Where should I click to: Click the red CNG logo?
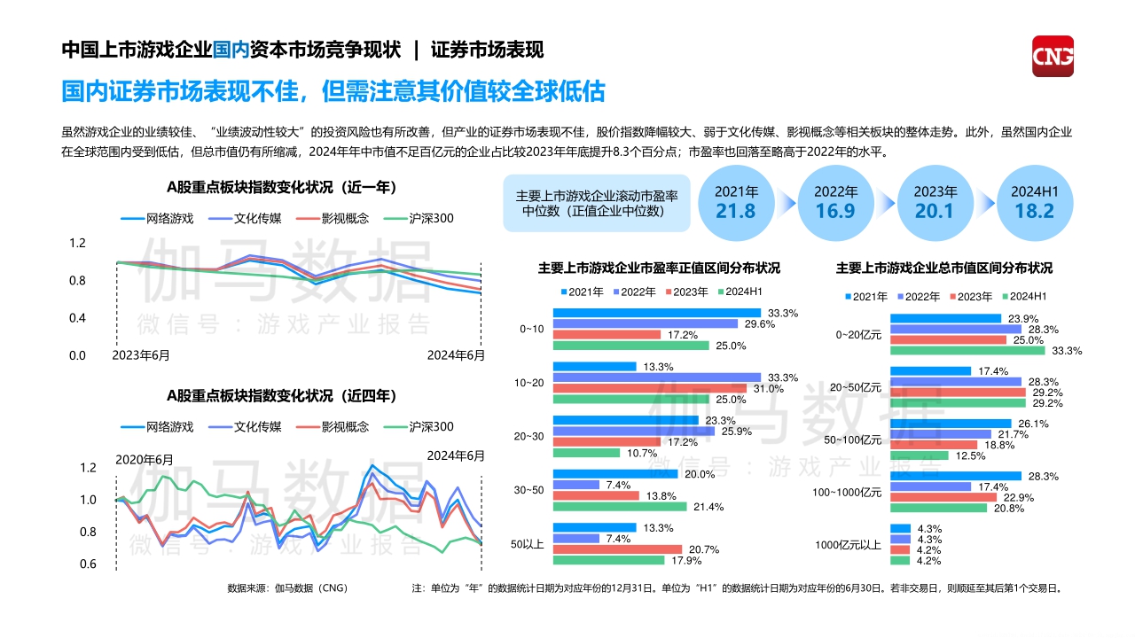tap(1053, 56)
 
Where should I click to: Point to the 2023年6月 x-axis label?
tap(142, 355)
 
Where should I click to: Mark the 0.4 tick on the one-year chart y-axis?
tap(77, 318)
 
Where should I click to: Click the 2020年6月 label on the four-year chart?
tap(145, 460)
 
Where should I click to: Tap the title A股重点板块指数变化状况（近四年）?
tap(281, 395)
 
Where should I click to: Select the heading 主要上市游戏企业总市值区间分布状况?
tap(943, 268)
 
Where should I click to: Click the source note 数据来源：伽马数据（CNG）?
tap(287, 587)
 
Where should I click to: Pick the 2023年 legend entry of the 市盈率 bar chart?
tap(685, 292)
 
